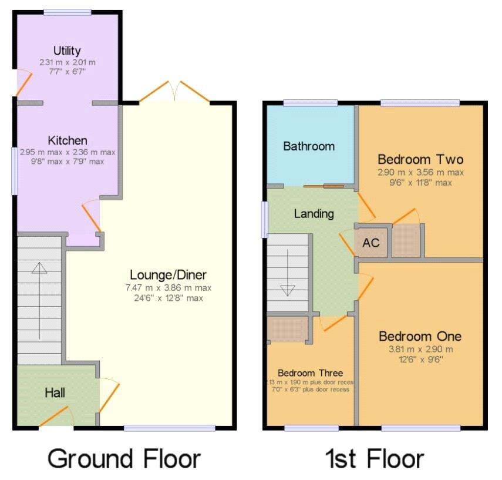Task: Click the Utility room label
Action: click(66, 51)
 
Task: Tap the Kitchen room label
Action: click(68, 140)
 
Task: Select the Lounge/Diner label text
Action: click(168, 275)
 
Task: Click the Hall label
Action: click(55, 393)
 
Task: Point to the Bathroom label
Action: click(309, 146)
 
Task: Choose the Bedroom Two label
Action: click(420, 159)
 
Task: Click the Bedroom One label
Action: click(420, 336)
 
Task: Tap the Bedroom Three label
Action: click(310, 373)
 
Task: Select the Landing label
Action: click(314, 214)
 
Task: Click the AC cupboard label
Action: click(371, 243)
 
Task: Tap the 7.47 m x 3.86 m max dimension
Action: click(168, 288)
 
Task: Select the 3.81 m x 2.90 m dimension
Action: click(420, 349)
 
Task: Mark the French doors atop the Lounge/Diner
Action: click(174, 93)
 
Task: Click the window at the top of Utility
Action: click(67, 12)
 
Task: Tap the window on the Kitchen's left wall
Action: click(15, 170)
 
